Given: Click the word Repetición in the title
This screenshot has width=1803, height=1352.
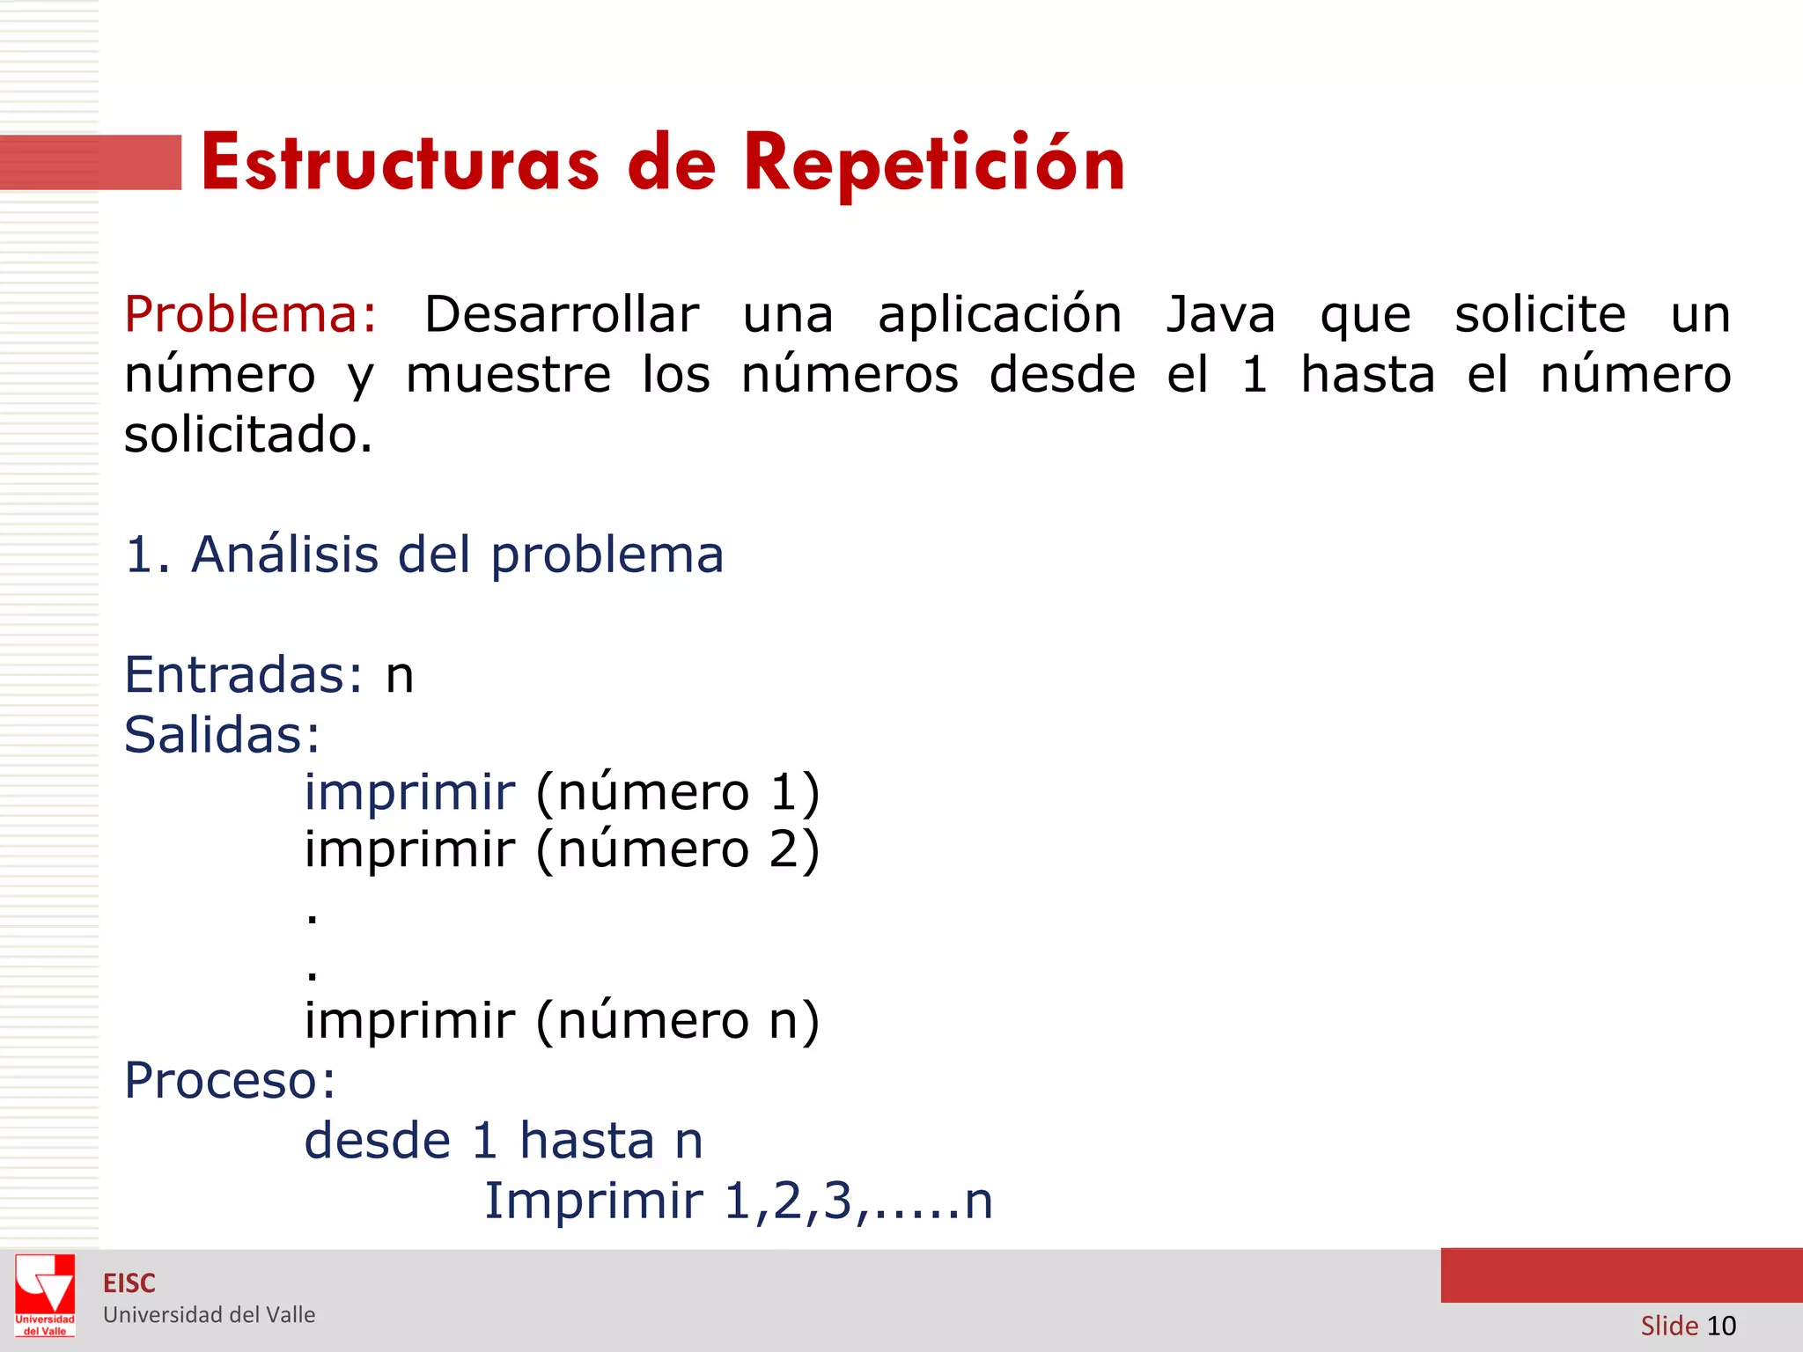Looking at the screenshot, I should click(934, 164).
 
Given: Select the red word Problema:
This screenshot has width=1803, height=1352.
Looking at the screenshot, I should click(251, 314).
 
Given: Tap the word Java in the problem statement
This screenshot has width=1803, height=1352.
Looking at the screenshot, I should click(1220, 314).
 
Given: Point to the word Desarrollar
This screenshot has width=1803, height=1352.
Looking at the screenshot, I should click(562, 314).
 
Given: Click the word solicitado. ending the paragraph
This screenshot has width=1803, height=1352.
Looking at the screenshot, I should click(248, 435).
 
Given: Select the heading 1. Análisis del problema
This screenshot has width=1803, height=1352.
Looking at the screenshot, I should click(424, 555).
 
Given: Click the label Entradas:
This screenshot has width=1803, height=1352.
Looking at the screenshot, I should click(243, 675).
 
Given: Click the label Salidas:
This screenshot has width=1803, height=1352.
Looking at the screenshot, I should click(222, 735).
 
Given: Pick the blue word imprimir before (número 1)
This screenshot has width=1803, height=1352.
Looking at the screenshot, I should click(409, 792).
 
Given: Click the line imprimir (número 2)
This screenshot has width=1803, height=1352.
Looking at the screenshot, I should click(562, 850).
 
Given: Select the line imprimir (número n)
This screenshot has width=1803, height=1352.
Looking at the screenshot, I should click(562, 1021).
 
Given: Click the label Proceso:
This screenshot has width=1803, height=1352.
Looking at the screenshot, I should click(230, 1081).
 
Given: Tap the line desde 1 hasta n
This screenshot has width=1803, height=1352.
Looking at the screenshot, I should click(504, 1142).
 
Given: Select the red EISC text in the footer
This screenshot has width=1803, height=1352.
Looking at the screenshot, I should click(129, 1283).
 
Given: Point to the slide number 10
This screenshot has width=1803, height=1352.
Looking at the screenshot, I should click(1720, 1326).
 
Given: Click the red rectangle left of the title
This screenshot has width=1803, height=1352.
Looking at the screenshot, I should click(91, 163).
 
